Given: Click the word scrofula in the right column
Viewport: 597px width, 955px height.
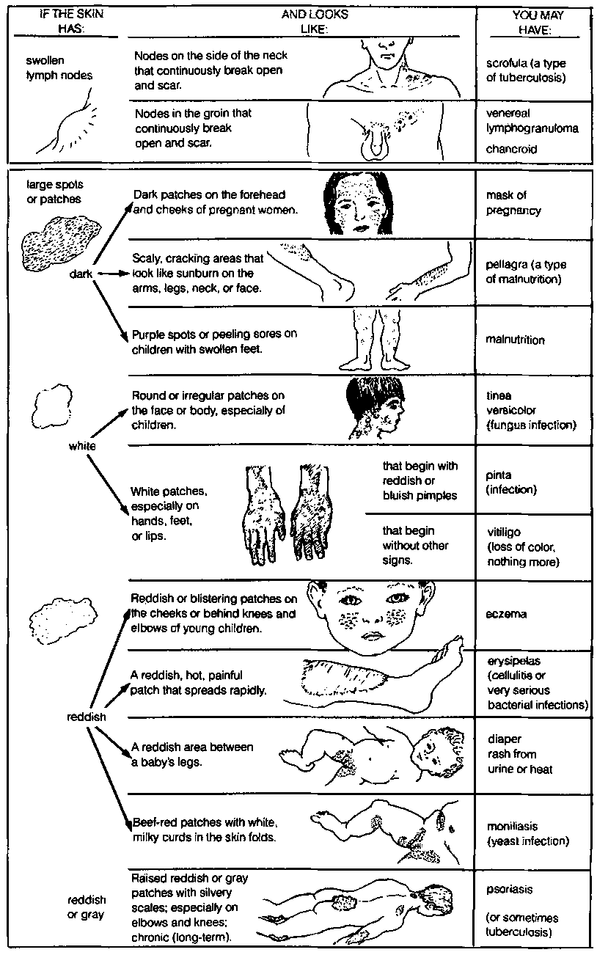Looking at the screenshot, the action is pyautogui.click(x=505, y=64).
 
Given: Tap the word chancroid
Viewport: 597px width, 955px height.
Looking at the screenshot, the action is pyautogui.click(x=511, y=149).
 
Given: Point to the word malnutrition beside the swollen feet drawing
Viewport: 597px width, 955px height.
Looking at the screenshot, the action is pyautogui.click(x=515, y=340).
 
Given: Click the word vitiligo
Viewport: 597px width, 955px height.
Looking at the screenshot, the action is pyautogui.click(x=504, y=532).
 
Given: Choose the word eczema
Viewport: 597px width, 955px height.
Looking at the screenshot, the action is pyautogui.click(x=506, y=615).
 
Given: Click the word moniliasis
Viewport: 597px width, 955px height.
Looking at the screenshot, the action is pyautogui.click(x=512, y=826).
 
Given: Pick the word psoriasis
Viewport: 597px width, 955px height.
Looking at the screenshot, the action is pyautogui.click(x=510, y=890).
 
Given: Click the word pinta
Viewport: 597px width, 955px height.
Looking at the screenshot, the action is pyautogui.click(x=499, y=475).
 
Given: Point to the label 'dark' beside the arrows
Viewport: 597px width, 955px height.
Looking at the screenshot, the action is pyautogui.click(x=81, y=274).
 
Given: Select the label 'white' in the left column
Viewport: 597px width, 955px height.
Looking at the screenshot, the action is pyautogui.click(x=82, y=446).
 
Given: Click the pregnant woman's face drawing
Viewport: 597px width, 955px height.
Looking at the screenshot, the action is pyautogui.click(x=357, y=202).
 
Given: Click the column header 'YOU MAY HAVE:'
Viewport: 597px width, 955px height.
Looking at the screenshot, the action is pyautogui.click(x=537, y=22).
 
